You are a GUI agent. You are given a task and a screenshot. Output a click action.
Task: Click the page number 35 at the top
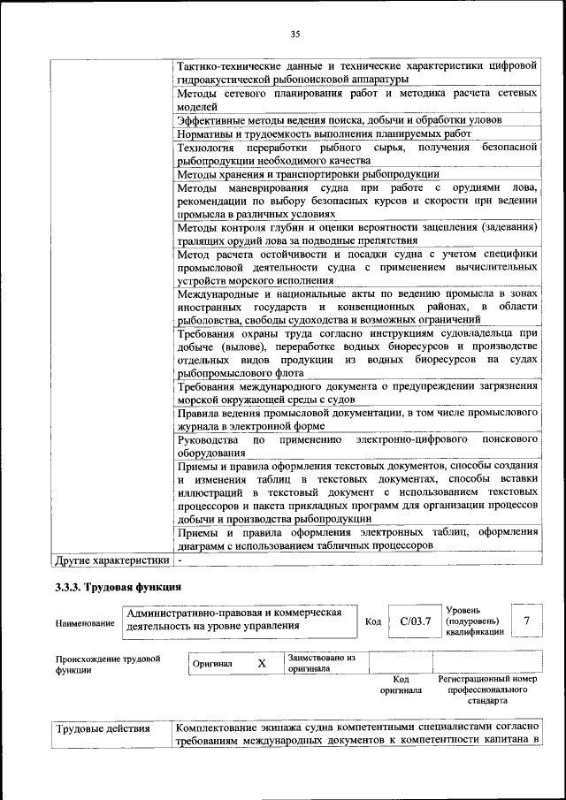[295, 34]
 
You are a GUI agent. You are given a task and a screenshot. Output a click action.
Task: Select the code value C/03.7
[415, 621]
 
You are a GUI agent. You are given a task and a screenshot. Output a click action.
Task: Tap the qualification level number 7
[527, 621]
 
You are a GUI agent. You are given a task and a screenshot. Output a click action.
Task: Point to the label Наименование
[85, 622]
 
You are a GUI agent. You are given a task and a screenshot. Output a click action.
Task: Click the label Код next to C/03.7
[372, 621]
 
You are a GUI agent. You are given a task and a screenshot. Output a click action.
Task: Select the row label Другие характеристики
[111, 560]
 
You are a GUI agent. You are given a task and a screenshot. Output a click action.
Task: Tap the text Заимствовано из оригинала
[321, 663]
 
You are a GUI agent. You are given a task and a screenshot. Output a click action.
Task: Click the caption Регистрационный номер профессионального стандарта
[487, 690]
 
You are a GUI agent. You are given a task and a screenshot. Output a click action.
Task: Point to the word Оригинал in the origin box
[212, 664]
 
